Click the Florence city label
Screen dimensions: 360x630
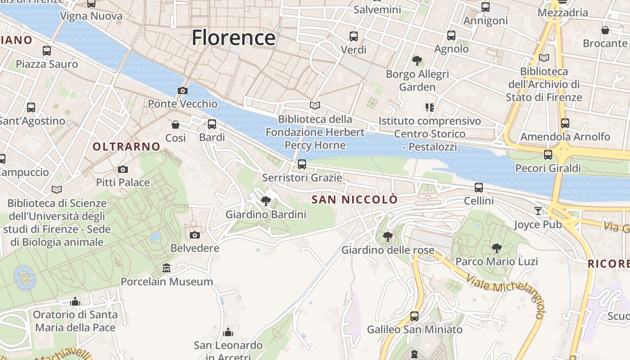(234, 37)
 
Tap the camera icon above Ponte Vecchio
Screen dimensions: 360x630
(182, 90)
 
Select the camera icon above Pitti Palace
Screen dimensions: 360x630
(123, 169)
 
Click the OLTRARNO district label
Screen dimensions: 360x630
(126, 146)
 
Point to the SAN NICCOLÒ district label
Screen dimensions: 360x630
(355, 199)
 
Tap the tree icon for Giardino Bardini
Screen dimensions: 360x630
(266, 201)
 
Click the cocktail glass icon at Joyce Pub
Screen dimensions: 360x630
(538, 211)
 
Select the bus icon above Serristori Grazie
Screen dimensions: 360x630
(302, 164)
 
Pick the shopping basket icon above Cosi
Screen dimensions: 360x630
(175, 124)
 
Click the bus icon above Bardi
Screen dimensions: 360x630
(212, 124)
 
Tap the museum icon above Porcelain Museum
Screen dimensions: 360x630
(166, 268)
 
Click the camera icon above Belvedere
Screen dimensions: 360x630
(195, 235)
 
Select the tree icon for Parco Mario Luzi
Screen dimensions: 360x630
(496, 248)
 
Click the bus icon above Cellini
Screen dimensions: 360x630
(479, 187)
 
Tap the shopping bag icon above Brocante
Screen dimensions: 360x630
(605, 30)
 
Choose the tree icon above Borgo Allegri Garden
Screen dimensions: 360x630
(417, 60)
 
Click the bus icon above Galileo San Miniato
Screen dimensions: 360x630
(414, 316)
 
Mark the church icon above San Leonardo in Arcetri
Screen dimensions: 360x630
(228, 332)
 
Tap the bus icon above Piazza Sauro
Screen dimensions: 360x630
(47, 50)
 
